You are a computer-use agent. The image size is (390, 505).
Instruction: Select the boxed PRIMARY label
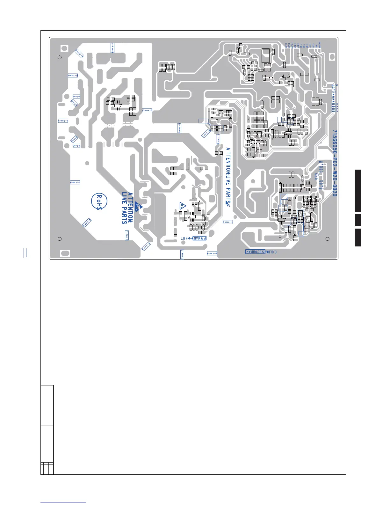click(x=199, y=238)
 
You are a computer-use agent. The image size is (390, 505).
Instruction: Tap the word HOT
click(x=185, y=238)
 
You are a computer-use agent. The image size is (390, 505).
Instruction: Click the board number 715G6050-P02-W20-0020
click(x=334, y=163)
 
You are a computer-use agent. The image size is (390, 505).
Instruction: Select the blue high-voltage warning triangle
click(x=183, y=205)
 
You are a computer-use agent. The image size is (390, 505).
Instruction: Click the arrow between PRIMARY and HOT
click(x=191, y=238)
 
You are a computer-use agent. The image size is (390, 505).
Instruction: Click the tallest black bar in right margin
click(x=358, y=191)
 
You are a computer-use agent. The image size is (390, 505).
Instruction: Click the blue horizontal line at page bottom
click(x=63, y=502)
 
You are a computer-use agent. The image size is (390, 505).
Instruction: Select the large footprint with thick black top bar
click(x=265, y=56)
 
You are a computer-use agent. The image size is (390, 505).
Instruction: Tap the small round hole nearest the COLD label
click(x=327, y=239)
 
